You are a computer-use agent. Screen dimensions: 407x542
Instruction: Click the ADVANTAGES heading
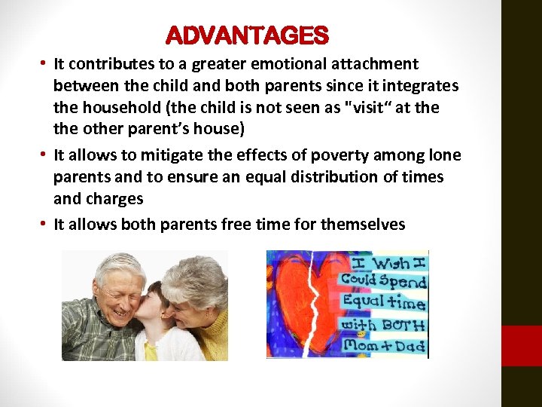(247, 35)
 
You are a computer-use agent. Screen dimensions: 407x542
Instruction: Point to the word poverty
(309, 155)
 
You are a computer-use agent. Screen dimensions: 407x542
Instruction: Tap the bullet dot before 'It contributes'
(46, 63)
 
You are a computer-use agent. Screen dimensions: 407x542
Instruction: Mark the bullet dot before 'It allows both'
(46, 222)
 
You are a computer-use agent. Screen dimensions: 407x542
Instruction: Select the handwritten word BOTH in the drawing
(402, 326)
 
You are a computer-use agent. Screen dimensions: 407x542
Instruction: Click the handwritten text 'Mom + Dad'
(384, 346)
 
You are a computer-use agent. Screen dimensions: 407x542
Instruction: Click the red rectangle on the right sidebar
(522, 346)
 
